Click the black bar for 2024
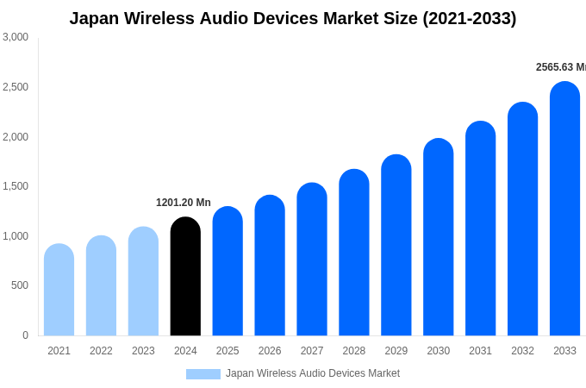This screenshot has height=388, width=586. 185,277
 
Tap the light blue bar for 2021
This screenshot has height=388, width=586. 59,291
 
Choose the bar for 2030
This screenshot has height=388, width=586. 438,238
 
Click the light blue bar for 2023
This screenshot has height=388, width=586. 143,282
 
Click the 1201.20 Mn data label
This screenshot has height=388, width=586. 184,203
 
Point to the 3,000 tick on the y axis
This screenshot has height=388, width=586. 16,37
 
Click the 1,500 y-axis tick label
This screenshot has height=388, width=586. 16,186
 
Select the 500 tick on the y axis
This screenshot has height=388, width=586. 19,285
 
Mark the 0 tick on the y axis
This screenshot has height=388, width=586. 25,335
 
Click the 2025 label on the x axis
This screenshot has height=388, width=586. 228,351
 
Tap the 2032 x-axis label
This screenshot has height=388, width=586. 522,351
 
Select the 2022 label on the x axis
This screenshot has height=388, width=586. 101,351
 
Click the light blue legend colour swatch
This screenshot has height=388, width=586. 203,374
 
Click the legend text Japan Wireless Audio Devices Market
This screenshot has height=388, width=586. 313,373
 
